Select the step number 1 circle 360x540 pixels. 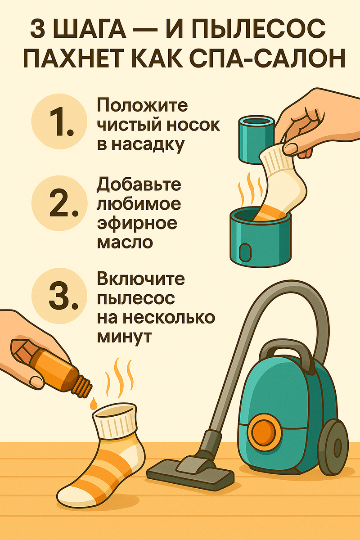point(59,121)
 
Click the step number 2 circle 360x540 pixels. point(59,203)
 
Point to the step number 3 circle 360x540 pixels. point(59,296)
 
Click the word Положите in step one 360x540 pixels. point(142,105)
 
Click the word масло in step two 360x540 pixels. point(125,242)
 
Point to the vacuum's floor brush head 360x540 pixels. point(190,470)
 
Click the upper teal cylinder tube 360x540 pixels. point(256,139)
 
